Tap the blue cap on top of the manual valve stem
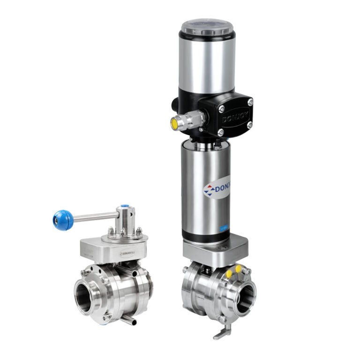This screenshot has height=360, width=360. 125,206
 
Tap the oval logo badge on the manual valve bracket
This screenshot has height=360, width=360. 127,254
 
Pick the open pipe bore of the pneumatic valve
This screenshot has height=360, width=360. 244,297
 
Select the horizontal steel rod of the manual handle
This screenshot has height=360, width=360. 96,217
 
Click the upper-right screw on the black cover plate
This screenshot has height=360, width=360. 250,102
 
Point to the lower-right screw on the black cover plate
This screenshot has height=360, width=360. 249,125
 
